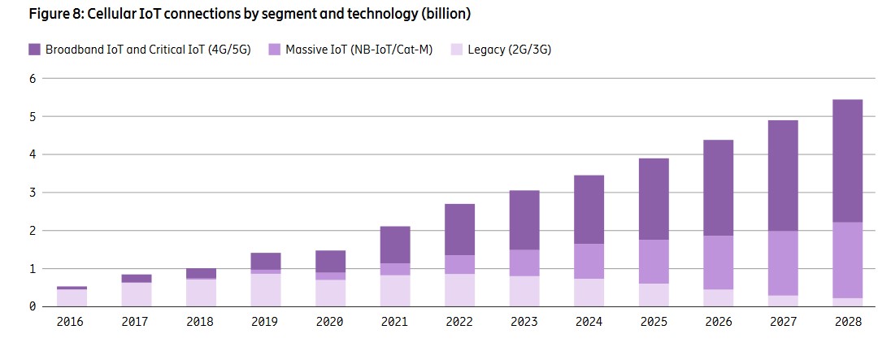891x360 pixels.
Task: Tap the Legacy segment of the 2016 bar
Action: (72, 297)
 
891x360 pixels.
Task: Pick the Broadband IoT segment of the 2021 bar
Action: (395, 245)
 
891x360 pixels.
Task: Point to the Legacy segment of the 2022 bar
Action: (459, 290)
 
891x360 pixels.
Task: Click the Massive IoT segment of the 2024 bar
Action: (589, 261)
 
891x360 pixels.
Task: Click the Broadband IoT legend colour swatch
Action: (34, 50)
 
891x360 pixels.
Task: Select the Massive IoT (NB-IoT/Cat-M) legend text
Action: (357, 50)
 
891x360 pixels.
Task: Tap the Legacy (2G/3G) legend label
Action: (511, 50)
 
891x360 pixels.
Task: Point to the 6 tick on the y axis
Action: (33, 79)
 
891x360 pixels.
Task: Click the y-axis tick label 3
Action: (33, 193)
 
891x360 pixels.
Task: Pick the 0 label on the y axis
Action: (33, 306)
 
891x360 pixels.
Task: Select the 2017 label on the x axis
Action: (137, 323)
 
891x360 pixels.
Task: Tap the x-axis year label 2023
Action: (524, 323)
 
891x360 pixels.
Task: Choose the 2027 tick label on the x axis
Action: (782, 323)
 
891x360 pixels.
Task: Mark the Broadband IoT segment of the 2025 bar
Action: (653, 199)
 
